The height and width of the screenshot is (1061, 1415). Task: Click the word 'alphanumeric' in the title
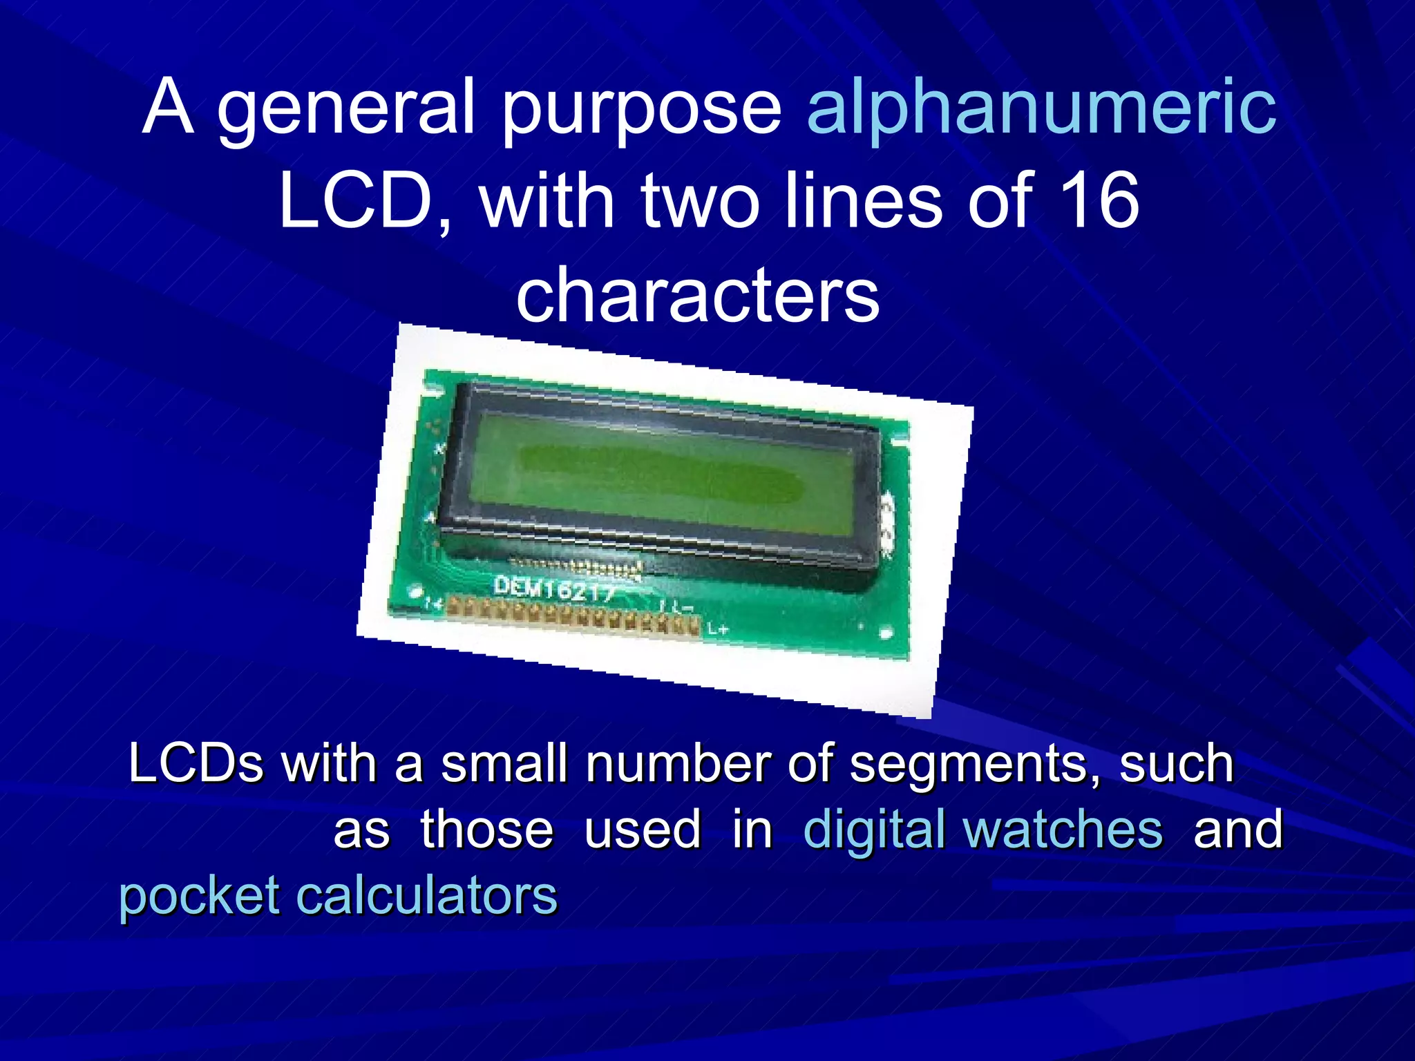(1041, 108)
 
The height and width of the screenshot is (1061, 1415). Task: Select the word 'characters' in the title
(698, 296)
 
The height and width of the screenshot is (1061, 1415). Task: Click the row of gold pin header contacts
(573, 615)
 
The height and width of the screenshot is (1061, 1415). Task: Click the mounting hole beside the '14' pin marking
(415, 592)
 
